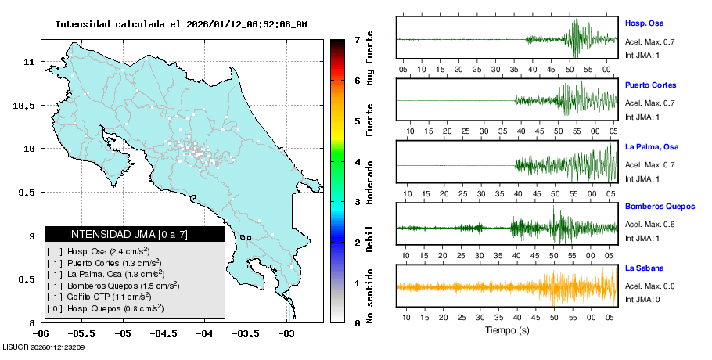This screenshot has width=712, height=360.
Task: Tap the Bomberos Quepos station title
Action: click(660, 207)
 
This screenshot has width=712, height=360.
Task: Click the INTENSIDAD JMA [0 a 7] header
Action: click(128, 234)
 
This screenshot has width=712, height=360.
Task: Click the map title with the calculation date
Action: click(181, 24)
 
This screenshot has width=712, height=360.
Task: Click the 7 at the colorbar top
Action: click(357, 39)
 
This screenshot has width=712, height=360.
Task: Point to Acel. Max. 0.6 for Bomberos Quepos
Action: click(649, 225)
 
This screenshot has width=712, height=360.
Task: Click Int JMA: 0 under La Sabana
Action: click(642, 299)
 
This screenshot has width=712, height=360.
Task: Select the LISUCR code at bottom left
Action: click(44, 347)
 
